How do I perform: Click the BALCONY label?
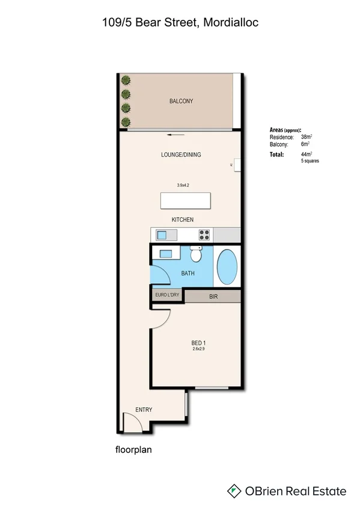coord(181,102)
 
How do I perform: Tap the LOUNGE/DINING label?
coord(181,155)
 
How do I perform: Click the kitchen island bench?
coord(185,200)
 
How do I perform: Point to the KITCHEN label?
coord(183,220)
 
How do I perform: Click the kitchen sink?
coord(161,235)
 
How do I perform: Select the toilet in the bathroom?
coord(195,254)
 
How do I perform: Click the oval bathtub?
coord(227,268)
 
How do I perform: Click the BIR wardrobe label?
coord(213,296)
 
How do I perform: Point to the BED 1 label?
coord(198,343)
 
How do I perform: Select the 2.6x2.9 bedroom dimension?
coord(198,349)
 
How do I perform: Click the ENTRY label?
coord(144,410)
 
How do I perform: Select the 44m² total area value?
coord(307,155)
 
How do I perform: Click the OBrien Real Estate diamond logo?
coord(234,491)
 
